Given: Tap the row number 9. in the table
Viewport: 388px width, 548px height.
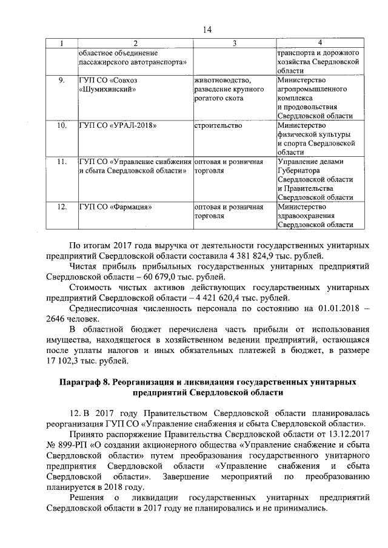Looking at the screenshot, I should click(x=61, y=81).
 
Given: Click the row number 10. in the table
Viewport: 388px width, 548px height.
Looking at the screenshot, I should click(x=61, y=126).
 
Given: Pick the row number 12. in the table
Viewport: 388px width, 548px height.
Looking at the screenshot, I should click(x=61, y=207).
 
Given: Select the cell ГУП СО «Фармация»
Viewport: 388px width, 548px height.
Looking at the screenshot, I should click(x=115, y=207).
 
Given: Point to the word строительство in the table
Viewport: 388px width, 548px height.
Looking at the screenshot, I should click(x=218, y=126).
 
